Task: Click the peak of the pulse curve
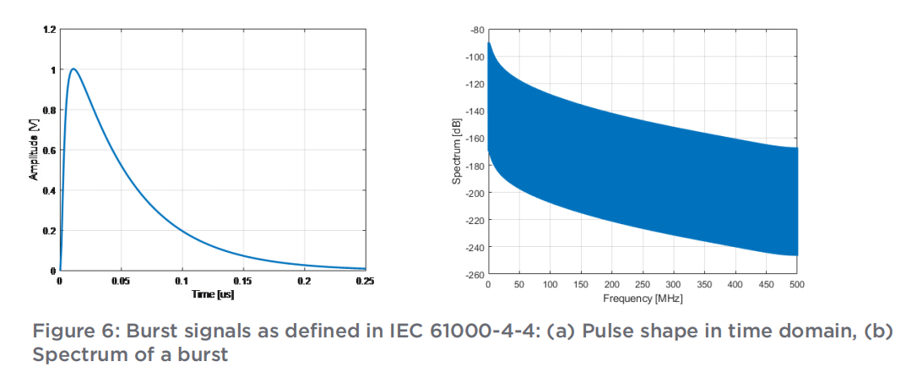point(74,69)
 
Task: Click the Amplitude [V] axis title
point(35,151)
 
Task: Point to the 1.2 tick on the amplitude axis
point(51,30)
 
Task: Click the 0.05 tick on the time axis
point(121,280)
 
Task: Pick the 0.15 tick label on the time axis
point(243,280)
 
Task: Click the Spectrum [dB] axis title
point(456,151)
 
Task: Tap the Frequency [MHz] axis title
point(643,299)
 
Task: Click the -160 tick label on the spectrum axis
point(474,139)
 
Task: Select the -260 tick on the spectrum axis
point(474,274)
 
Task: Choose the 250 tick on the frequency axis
point(643,286)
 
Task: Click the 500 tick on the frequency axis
point(797,286)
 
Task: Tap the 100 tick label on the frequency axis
point(550,286)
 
